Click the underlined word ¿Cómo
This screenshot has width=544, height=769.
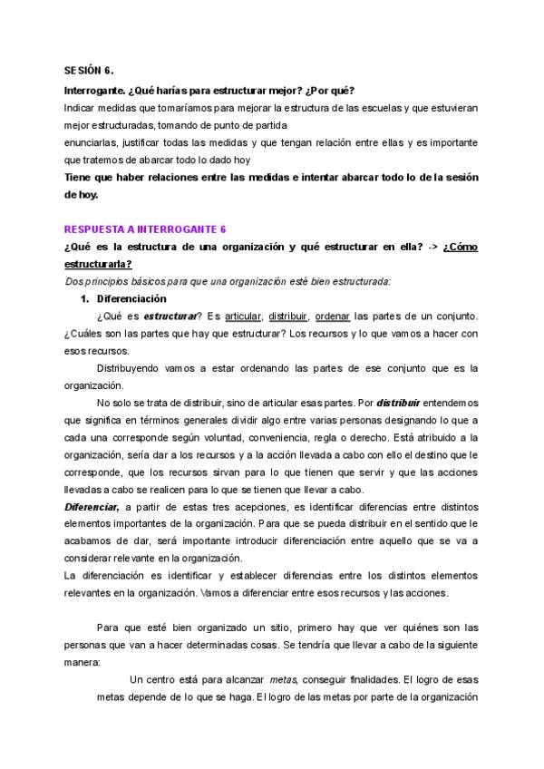461,248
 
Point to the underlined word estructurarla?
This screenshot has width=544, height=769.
98,264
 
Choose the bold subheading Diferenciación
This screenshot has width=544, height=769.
130,297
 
